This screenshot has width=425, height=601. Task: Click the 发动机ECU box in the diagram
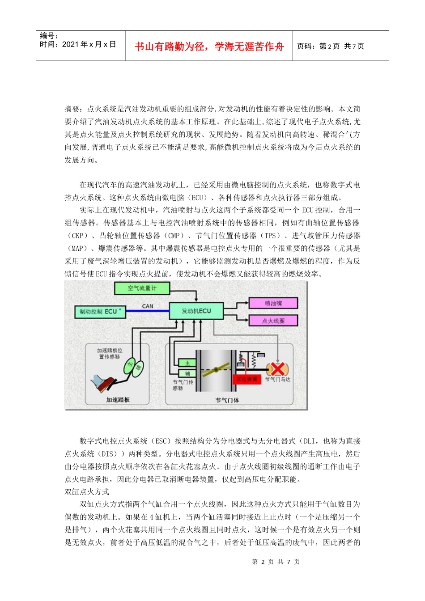196,311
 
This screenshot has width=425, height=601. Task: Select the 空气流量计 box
142,288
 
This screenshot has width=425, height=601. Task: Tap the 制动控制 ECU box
100,312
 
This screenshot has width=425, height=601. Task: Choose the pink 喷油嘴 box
273,303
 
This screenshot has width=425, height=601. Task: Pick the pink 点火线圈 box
273,321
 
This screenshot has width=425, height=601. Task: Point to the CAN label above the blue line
148,306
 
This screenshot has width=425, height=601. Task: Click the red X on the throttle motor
277,369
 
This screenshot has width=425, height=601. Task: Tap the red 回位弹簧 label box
246,379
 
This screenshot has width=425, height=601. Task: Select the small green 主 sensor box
187,363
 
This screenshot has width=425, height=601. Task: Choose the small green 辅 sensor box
187,373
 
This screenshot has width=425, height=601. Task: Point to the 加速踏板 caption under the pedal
118,399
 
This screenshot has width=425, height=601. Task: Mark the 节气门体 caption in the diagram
227,400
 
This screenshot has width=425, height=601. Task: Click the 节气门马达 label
278,380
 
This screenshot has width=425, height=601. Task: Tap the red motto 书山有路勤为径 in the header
209,47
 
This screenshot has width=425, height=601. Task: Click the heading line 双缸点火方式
87,491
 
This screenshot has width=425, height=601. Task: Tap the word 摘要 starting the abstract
72,109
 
